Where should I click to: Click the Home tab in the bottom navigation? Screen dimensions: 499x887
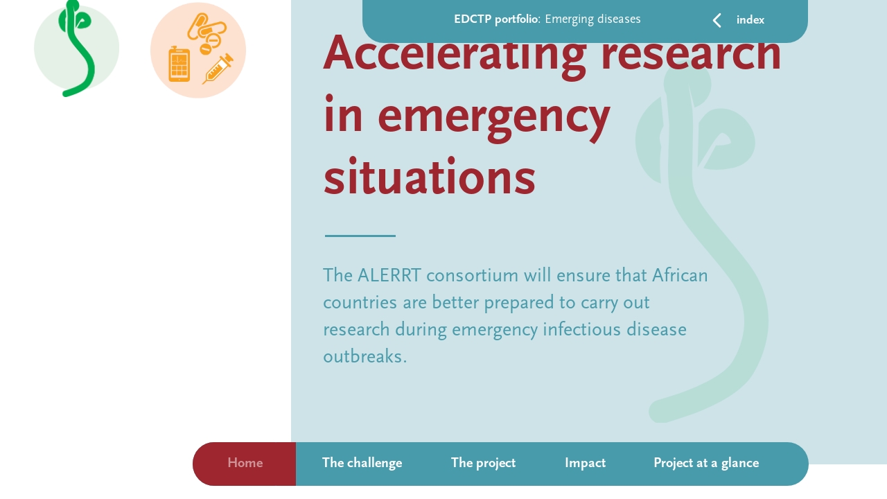tap(245, 463)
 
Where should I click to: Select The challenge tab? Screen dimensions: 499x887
tap(362, 463)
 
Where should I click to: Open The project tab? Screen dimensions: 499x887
tap(483, 463)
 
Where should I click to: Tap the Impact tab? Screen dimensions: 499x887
tap(585, 463)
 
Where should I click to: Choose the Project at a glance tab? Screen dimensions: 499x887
tap(705, 463)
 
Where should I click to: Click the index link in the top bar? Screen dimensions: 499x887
tap(750, 20)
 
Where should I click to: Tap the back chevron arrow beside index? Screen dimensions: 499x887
tap(717, 20)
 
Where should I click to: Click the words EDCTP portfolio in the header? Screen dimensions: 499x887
tap(495, 19)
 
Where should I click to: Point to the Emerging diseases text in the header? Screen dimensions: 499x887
tap(592, 19)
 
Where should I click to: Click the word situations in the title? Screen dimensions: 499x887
tap(429, 177)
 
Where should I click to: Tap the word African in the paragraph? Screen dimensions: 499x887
tap(680, 276)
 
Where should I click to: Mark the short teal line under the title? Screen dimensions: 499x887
tap(360, 236)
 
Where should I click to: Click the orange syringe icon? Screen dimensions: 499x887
tap(218, 69)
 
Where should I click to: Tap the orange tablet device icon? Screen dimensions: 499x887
tap(179, 64)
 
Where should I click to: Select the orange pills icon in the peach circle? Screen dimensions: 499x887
tap(206, 31)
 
